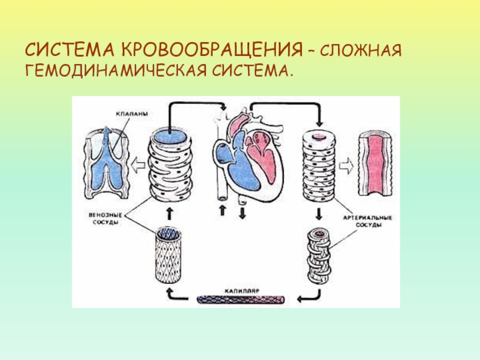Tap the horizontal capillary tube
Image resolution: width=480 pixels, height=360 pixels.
coord(243,298)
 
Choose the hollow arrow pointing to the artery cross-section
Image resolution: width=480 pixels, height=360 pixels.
coord(345,162)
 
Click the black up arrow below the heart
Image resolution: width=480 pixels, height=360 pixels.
coord(223,211)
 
